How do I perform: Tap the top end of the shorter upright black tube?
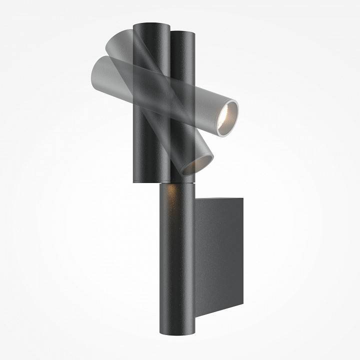pos(183,33)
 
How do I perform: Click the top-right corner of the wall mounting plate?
pos(243,198)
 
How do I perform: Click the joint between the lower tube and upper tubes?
pos(177,183)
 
